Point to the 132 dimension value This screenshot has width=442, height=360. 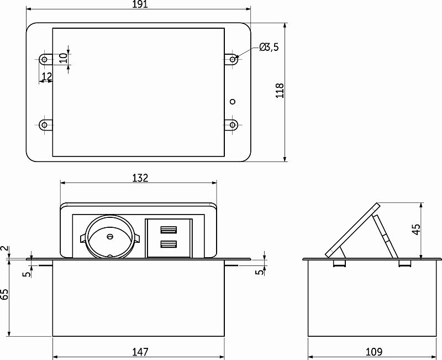tap(140, 178)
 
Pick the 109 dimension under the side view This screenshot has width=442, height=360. tap(374, 352)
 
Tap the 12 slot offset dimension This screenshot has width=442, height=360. tap(46, 76)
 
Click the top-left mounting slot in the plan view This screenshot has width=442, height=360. tap(44, 59)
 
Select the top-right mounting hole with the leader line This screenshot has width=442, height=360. tap(233, 58)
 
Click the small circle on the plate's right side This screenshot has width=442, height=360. tap(233, 101)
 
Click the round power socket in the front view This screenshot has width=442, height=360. tap(109, 237)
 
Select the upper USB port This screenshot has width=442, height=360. tap(168, 230)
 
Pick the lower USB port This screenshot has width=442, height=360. tap(168, 244)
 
